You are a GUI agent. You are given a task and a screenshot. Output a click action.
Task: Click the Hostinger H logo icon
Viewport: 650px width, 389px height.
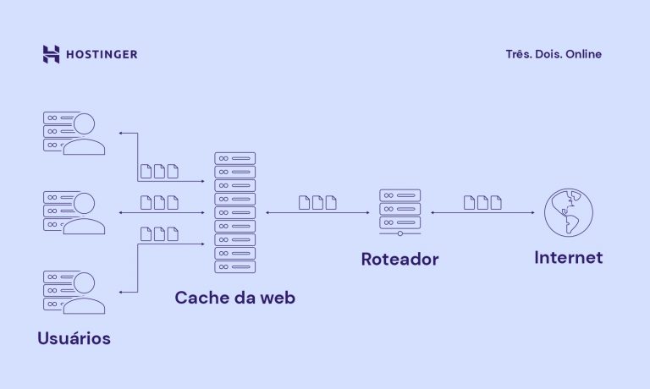point(51,54)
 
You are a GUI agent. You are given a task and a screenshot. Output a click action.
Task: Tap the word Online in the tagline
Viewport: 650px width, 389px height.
point(583,54)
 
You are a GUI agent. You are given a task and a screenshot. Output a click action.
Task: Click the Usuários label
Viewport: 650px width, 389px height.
point(74,338)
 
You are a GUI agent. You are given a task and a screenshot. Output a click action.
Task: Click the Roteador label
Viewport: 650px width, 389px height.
point(399,259)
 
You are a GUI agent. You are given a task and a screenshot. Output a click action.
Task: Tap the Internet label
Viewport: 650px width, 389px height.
point(568,257)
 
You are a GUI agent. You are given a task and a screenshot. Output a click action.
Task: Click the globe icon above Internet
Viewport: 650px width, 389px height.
point(568,212)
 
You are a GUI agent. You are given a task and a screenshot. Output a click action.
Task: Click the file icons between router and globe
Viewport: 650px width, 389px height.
point(482,202)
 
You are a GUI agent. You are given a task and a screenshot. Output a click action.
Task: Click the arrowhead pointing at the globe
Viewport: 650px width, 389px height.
point(533,212)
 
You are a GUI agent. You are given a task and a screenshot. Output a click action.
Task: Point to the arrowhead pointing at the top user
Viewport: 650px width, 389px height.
point(121,133)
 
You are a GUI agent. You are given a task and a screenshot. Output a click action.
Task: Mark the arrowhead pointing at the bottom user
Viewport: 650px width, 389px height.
point(121,292)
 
